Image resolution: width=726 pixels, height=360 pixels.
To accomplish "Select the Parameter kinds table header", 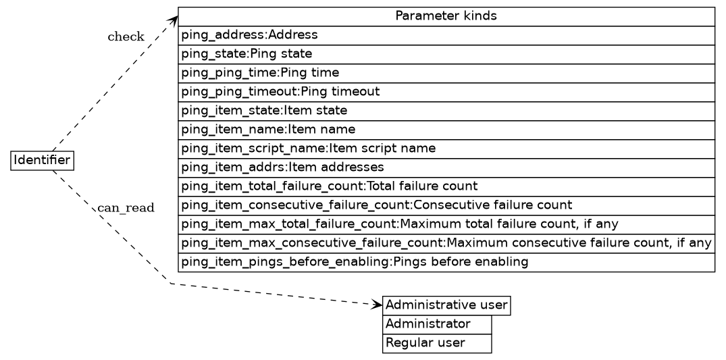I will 446,16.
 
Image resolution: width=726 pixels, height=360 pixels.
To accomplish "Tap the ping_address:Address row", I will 446,34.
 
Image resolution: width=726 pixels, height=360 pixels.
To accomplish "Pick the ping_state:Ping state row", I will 446,53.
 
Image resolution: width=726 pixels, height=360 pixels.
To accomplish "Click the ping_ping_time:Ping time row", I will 446,72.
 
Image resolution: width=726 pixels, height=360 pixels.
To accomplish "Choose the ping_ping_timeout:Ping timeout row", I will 446,91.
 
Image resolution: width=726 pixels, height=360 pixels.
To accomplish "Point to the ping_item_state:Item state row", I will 446,110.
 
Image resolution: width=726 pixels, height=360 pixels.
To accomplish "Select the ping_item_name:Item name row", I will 446,129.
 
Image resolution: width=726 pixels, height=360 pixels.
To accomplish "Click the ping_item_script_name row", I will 446,148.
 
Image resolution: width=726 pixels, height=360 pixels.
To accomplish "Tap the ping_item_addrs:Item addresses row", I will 446,167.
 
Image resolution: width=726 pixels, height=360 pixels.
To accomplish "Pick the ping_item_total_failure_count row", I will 446,186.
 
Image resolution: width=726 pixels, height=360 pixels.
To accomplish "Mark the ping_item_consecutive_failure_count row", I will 446,205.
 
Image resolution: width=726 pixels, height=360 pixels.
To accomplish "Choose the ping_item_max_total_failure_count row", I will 446,224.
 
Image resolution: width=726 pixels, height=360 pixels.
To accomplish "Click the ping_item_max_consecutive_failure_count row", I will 446,242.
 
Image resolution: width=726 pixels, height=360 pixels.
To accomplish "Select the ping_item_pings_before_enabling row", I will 446,261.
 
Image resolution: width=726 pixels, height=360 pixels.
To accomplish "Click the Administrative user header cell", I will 446,305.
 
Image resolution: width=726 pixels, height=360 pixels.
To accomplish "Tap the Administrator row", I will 437,324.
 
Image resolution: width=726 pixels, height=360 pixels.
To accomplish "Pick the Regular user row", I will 437,343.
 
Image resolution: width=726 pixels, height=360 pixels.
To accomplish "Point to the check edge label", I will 126,37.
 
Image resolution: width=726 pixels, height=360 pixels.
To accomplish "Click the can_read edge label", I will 126,207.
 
